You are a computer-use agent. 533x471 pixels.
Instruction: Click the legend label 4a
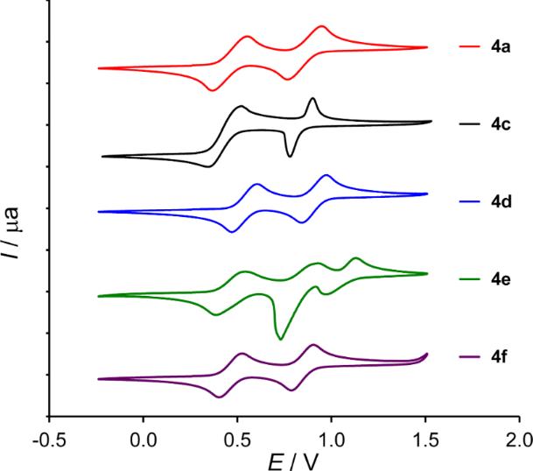click(x=501, y=47)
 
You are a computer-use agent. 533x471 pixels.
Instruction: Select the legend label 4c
click(x=501, y=124)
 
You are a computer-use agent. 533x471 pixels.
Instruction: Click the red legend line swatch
click(x=470, y=47)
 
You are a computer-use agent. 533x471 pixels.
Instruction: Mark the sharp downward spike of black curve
click(x=290, y=157)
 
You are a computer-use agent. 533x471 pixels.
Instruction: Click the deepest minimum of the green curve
click(x=280, y=338)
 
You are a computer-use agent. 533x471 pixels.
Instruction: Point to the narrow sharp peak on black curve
click(x=312, y=100)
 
